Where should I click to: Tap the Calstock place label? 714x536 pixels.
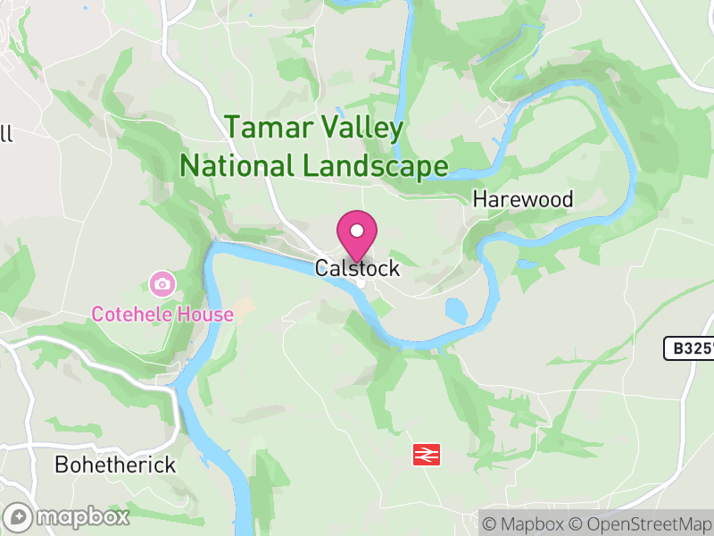click(357, 268)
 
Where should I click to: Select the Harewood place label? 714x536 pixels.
click(523, 199)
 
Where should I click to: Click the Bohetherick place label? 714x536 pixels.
click(115, 465)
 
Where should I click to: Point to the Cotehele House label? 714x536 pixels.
click(162, 314)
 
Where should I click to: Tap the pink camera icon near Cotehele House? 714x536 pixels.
click(162, 285)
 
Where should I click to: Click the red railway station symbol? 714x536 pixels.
click(426, 455)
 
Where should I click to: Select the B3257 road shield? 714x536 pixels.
click(690, 348)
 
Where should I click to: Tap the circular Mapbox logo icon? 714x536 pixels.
click(18, 516)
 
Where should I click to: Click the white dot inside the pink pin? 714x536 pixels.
click(357, 231)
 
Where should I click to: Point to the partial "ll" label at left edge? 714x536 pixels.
click(6, 134)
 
